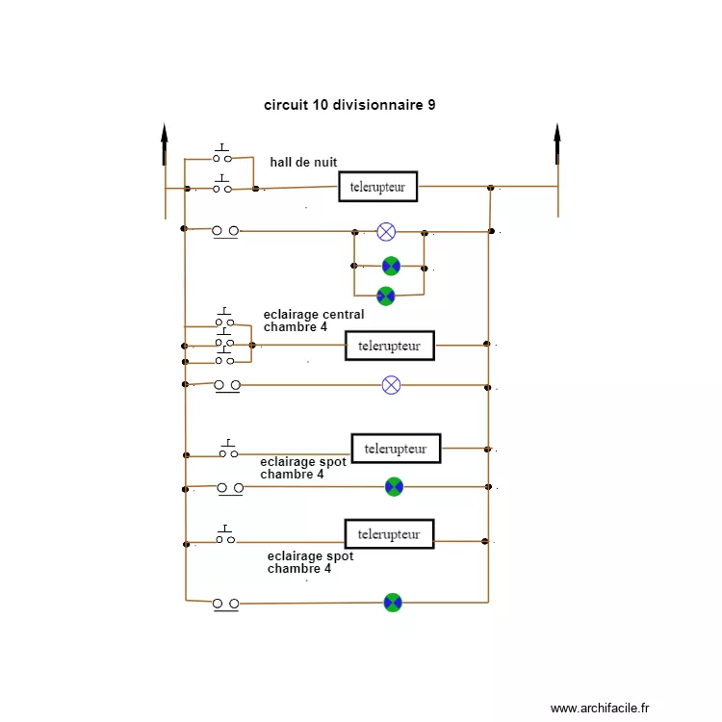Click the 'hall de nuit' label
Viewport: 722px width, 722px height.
click(303, 162)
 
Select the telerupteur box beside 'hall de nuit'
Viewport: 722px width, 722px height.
click(377, 186)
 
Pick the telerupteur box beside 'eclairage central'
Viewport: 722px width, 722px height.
click(389, 345)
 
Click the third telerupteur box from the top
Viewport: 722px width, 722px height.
click(396, 449)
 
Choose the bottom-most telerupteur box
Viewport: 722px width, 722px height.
click(389, 533)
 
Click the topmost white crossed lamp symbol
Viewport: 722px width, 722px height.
click(386, 231)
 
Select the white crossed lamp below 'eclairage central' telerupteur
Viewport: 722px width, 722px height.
click(391, 385)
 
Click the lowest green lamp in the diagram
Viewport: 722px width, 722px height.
click(392, 603)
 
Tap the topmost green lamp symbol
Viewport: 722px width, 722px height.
click(390, 266)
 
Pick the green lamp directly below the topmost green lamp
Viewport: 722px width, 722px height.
click(385, 296)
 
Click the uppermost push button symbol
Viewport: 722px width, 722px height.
click(222, 155)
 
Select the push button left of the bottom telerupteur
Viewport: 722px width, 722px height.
click(225, 537)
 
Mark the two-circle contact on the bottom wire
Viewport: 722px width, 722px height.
click(225, 604)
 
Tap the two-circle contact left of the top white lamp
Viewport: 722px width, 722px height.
click(225, 231)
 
